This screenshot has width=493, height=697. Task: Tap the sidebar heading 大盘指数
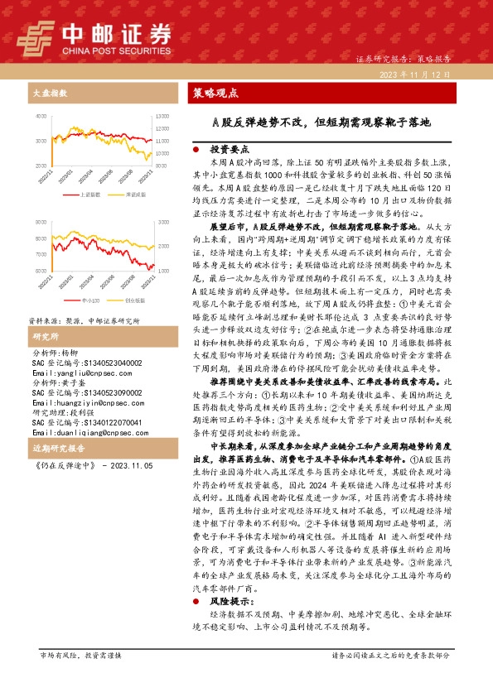[49, 94]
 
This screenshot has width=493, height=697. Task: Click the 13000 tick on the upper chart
[163, 118]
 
